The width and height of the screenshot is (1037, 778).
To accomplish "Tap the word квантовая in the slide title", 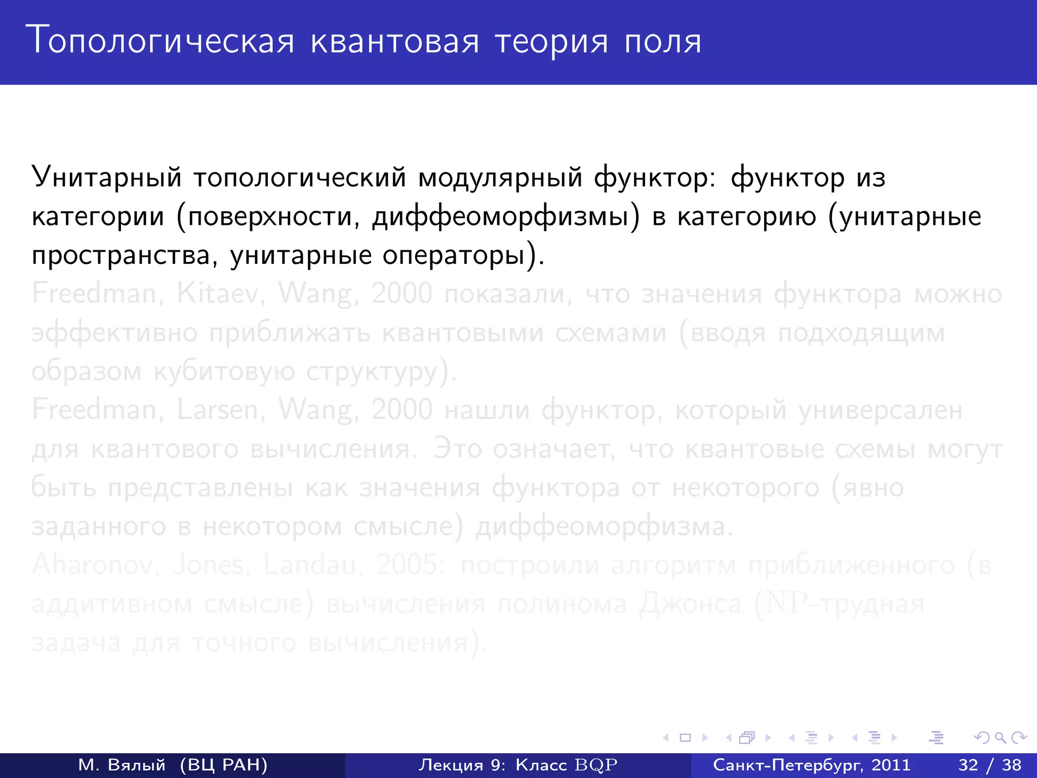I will [394, 42].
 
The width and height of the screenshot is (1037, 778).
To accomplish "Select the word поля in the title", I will [663, 42].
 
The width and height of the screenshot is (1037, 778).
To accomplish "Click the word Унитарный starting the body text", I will [106, 178].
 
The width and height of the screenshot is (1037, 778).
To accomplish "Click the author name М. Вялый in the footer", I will [122, 765].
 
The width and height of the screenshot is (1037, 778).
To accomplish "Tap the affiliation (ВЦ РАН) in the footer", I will [223, 765].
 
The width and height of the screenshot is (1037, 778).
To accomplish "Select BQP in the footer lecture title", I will [596, 765].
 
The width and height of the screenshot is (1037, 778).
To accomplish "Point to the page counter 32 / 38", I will [990, 765].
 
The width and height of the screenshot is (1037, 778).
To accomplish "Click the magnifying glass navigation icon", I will [1000, 738].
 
